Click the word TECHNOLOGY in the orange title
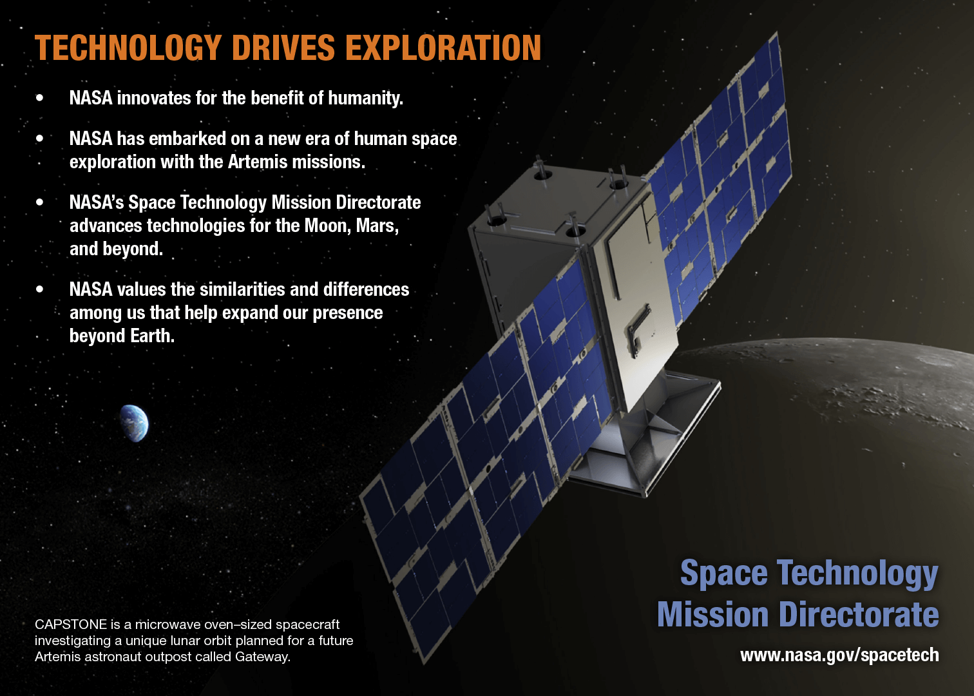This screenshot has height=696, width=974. pos(128,48)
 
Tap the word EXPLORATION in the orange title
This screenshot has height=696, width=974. pos(443,48)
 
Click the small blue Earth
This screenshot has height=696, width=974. pos(135,423)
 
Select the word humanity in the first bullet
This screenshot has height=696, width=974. pos(365,99)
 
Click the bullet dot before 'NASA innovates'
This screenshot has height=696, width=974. pos(39,98)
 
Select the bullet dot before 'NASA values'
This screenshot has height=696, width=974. pos(39,289)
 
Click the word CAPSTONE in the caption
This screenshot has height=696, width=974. pos(71,624)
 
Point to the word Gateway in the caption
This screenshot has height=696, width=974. pos(263,657)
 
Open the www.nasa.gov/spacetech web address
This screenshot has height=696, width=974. pos(839,655)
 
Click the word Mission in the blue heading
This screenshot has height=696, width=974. pos(712,614)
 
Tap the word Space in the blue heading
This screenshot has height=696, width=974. pos(724,573)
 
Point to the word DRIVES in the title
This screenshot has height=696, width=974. pos(283,48)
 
